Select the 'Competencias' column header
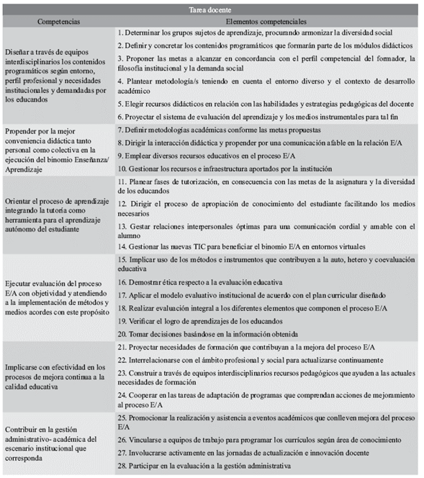coord(58,22)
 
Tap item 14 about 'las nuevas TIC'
coord(245,247)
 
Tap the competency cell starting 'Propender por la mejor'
coord(58,149)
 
